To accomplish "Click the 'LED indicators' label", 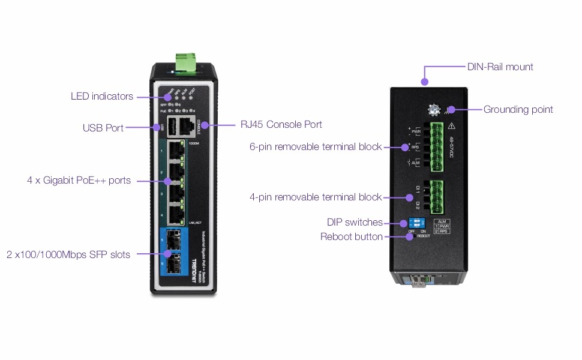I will coord(102,96).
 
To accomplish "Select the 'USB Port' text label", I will coord(103,128).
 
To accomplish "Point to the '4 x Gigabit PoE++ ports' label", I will coord(79,180).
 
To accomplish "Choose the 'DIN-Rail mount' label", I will coord(500,67).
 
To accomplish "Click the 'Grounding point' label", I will coord(518,109).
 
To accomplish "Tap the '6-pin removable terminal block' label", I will coord(316,146).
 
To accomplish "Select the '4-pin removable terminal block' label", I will coord(316,197).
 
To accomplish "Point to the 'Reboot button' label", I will coord(352,236).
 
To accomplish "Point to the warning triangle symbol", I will coord(452,126).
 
